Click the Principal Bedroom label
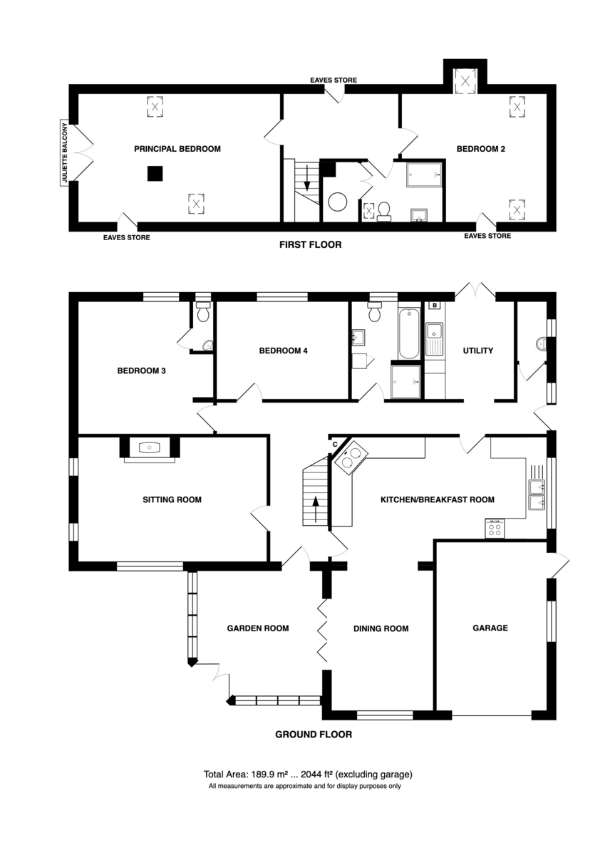[x=177, y=149]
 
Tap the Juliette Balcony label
[x=65, y=152]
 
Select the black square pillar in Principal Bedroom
[x=155, y=173]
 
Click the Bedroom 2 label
[x=480, y=149]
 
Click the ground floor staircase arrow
[x=316, y=509]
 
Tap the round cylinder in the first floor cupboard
[x=338, y=202]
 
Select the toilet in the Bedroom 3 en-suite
[x=203, y=311]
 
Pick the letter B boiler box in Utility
[x=435, y=305]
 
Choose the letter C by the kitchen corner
[x=335, y=445]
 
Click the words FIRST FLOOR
[x=311, y=244]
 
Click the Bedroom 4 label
[x=283, y=351]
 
